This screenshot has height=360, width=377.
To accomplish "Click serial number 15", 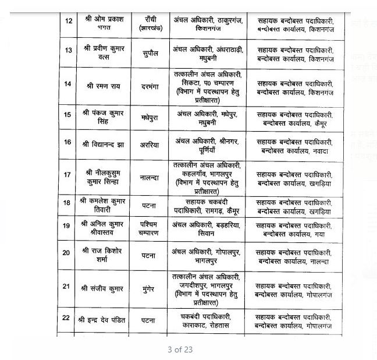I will (67, 115).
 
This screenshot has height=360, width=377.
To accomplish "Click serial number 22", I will (67, 318).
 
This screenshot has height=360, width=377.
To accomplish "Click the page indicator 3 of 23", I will (179, 350).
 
